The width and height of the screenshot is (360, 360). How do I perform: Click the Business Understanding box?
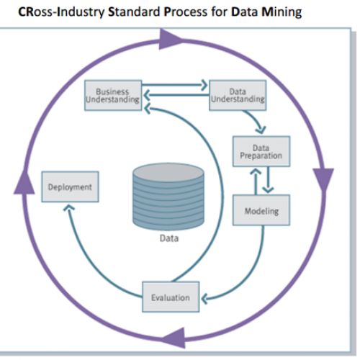tap(112, 96)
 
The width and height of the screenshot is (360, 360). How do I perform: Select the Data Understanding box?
tap(237, 96)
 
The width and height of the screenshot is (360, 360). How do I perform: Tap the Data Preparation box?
tap(261, 151)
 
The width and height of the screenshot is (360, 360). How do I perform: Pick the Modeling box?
tap(261, 212)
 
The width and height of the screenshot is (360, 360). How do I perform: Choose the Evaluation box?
tap(171, 297)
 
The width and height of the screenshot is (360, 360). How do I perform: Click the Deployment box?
tap(70, 187)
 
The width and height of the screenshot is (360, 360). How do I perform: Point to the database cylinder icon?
tap(170, 197)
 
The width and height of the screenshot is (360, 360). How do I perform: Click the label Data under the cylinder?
tap(170, 238)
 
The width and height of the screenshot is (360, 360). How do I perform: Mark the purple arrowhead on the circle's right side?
tap(324, 177)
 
